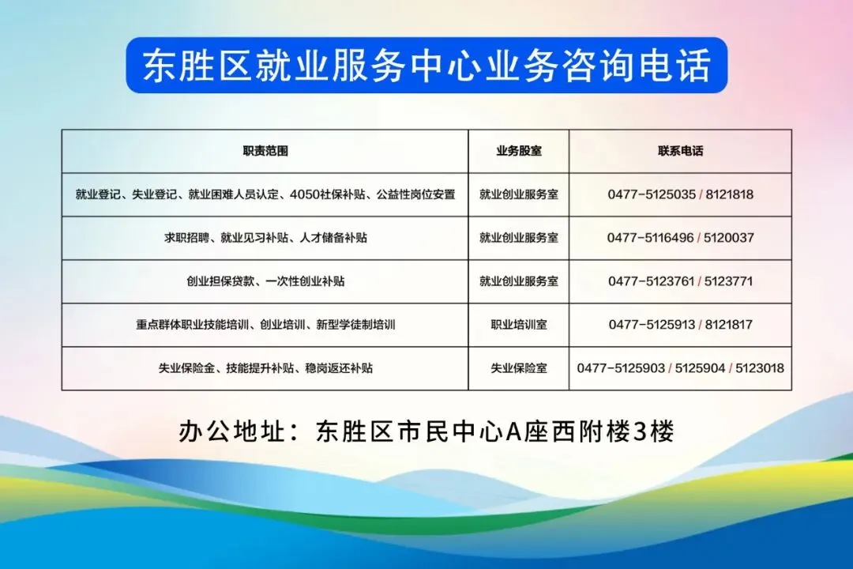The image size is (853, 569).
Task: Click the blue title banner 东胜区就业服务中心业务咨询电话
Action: pyautogui.click(x=426, y=65)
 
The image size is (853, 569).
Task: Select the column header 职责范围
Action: pyautogui.click(x=265, y=151)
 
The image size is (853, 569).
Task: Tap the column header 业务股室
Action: pyautogui.click(x=519, y=151)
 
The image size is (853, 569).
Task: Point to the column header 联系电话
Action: pyautogui.click(x=681, y=151)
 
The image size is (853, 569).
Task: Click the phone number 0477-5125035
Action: pyautogui.click(x=652, y=194)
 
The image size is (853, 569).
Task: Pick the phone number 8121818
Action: pyautogui.click(x=730, y=194)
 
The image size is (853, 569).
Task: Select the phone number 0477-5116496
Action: pyautogui.click(x=651, y=238)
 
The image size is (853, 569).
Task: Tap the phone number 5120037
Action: pyautogui.click(x=729, y=238)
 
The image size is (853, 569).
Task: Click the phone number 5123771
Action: pyautogui.click(x=728, y=281)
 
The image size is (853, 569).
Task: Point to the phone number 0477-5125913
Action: pyautogui.click(x=652, y=325)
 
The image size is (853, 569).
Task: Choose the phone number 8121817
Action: pyautogui.click(x=729, y=325)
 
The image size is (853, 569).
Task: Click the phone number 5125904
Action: pyautogui.click(x=700, y=368)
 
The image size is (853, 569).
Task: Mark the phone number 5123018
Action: pyautogui.click(x=760, y=368)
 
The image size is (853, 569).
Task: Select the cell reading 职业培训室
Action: pyautogui.click(x=519, y=325)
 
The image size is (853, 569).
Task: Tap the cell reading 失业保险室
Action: pyautogui.click(x=519, y=368)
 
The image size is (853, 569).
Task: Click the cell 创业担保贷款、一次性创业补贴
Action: pyautogui.click(x=265, y=281)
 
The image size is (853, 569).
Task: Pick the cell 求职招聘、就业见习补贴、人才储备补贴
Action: pyautogui.click(x=265, y=238)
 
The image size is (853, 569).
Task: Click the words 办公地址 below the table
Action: pyautogui.click(x=232, y=431)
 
